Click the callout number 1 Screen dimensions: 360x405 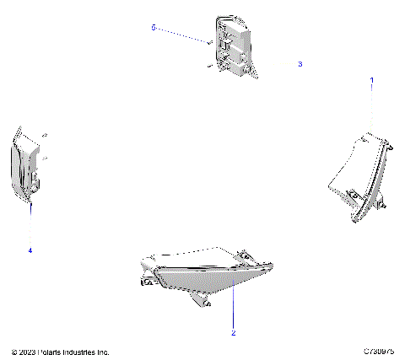pos(372,79)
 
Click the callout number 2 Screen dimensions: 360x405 pos(233,333)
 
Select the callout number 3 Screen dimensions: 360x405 pos(300,64)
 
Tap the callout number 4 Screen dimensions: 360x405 pos(30,250)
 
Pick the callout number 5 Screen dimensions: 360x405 pos(154,28)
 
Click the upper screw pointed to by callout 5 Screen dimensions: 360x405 pos(208,40)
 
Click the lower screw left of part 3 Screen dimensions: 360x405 pos(208,64)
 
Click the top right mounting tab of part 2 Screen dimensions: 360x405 pos(244,253)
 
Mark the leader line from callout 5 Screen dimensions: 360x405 pos(181,35)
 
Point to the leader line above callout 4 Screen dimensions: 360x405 pos(30,223)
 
